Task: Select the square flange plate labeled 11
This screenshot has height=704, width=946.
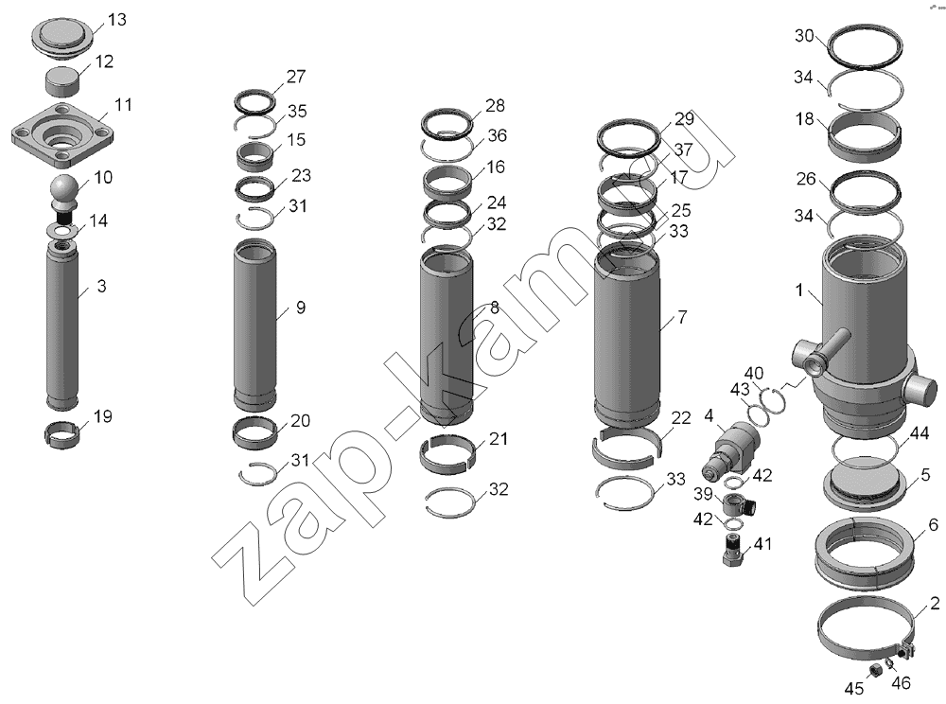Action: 63,135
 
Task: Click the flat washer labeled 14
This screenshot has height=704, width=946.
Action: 62,230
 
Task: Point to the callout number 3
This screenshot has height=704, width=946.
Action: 101,286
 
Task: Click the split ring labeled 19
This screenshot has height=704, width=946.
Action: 63,434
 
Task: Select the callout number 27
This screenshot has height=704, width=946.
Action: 295,77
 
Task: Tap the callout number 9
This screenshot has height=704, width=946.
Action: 301,308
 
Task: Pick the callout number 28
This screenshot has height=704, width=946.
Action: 495,106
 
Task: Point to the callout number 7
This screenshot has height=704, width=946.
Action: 682,317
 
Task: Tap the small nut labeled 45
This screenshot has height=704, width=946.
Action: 872,669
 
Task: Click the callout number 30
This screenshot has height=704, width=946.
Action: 805,36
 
